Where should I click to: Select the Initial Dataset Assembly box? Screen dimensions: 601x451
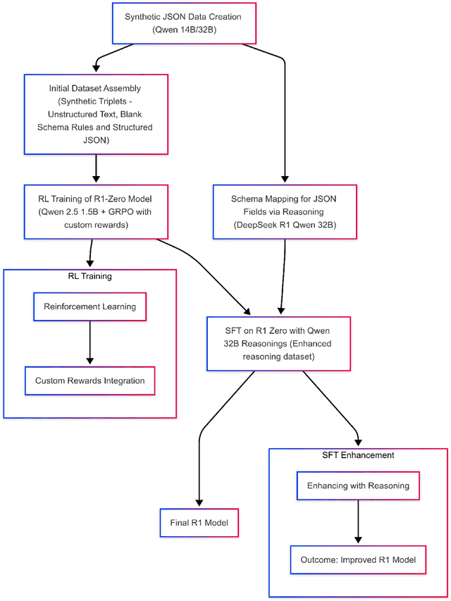pyautogui.click(x=96, y=113)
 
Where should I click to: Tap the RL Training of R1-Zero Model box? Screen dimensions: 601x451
pyautogui.click(x=96, y=212)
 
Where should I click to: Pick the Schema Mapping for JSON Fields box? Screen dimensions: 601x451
pyautogui.click(x=285, y=212)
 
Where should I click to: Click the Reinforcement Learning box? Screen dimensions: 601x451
pyautogui.click(x=90, y=307)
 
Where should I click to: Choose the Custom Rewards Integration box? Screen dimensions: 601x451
pyautogui.click(x=90, y=380)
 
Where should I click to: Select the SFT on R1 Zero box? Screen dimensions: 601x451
pyautogui.click(x=278, y=343)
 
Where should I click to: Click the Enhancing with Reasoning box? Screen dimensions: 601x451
pyautogui.click(x=358, y=486)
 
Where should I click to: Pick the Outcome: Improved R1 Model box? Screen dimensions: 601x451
pyautogui.click(x=358, y=559)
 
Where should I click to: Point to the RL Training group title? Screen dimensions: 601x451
pyautogui.click(x=89, y=276)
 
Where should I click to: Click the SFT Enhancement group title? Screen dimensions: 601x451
pyautogui.click(x=358, y=455)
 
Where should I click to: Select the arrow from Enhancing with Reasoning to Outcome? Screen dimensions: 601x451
pyautogui.click(x=358, y=522)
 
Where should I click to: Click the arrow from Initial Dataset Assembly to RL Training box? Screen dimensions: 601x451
pyautogui.click(x=96, y=169)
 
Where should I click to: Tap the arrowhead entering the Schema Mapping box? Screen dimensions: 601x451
pyautogui.click(x=285, y=180)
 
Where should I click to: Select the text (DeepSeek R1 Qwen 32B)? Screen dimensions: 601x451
pyautogui.click(x=285, y=226)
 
